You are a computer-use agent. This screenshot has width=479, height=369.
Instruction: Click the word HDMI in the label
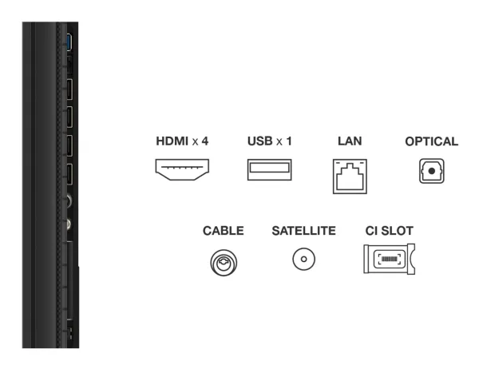coord(172,141)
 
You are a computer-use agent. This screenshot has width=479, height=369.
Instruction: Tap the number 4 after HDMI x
coord(205,141)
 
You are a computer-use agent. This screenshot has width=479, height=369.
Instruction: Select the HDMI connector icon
coord(182,169)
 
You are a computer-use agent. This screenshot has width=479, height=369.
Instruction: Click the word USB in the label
coord(260,141)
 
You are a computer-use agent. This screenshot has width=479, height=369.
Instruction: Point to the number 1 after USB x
coord(288,141)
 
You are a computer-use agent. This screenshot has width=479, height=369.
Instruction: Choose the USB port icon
coord(270,169)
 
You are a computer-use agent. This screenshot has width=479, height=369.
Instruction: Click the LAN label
coord(350,141)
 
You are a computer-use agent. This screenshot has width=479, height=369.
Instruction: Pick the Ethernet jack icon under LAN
coord(350,176)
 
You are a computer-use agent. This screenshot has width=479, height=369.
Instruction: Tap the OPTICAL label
coord(432,141)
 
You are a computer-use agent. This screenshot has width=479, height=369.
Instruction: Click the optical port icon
coord(432,171)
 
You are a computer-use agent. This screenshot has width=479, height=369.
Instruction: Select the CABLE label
coord(224,231)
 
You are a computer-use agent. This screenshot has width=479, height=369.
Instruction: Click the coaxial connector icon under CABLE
coord(224,263)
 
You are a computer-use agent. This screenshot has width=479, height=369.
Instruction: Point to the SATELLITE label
coord(304,231)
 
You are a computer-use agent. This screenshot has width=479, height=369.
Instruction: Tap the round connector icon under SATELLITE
coord(303,259)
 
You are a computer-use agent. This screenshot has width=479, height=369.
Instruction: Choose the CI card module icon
coord(390,259)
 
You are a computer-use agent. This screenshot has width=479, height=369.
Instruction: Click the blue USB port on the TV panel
coord(69,42)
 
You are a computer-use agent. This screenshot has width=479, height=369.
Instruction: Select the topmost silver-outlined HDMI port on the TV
coord(69,89)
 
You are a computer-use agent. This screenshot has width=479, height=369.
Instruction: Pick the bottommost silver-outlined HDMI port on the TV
coord(69,174)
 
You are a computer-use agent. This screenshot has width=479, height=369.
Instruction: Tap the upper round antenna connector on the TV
coord(68,200)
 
